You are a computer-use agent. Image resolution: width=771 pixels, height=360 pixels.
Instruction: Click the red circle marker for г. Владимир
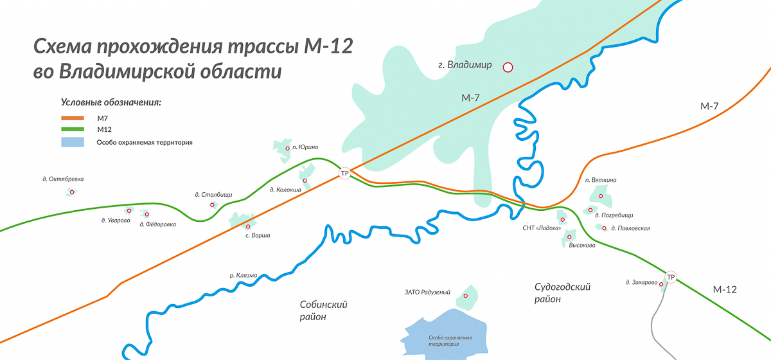[x=508, y=66]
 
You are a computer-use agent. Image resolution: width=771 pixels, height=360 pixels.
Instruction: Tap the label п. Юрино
[x=305, y=147]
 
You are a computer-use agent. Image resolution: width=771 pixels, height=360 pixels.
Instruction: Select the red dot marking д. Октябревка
[x=72, y=192]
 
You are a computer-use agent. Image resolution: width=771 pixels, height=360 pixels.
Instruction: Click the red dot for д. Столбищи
[x=213, y=205]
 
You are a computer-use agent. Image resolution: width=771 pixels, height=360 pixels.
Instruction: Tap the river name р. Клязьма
[x=243, y=275]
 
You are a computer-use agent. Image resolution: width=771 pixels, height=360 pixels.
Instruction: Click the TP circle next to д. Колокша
[x=344, y=174]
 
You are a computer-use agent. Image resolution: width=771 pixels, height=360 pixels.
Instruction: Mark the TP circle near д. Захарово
[x=671, y=277]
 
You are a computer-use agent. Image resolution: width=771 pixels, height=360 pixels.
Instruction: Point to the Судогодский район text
[x=562, y=292]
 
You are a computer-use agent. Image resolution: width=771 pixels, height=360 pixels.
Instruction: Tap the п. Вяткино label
[x=601, y=180]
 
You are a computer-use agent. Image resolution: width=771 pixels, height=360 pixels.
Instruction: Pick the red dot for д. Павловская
[x=603, y=228]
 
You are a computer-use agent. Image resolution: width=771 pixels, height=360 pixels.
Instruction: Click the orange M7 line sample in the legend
[x=73, y=118]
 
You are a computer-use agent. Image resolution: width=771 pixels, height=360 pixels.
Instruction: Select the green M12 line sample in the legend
[x=73, y=129]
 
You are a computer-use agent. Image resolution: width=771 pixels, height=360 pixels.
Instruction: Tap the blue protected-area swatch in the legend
[x=73, y=141]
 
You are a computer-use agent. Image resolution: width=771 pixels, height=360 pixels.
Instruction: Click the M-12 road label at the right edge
[x=724, y=290]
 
